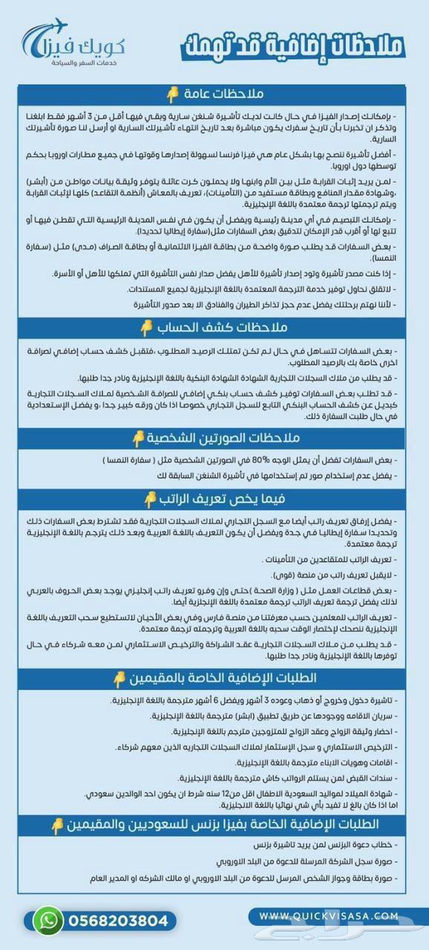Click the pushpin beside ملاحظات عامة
tap(173, 95)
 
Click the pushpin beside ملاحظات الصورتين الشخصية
tap(137, 439)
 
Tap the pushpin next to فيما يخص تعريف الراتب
tap(151, 499)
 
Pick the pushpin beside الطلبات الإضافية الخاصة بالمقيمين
tap(119, 678)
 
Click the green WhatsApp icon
tap(48, 920)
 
